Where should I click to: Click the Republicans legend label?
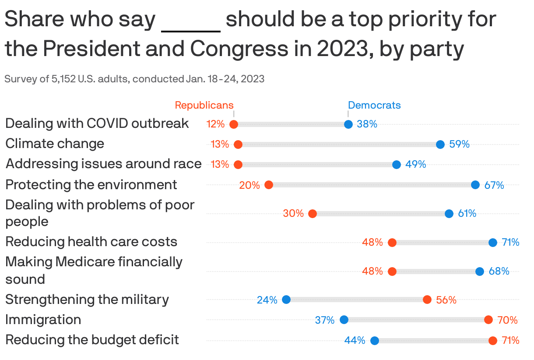pyautogui.click(x=204, y=105)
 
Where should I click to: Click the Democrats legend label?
pyautogui.click(x=374, y=105)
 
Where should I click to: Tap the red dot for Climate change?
pyautogui.click(x=238, y=145)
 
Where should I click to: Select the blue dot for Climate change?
pyautogui.click(x=440, y=145)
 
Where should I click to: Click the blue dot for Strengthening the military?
pyautogui.click(x=286, y=300)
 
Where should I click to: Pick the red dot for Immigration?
pyautogui.click(x=488, y=320)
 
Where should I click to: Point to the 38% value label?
pyautogui.click(x=367, y=124)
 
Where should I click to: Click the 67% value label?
pyautogui.click(x=494, y=185)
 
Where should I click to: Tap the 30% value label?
pyautogui.click(x=293, y=214)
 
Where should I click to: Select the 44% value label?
pyautogui.click(x=355, y=340)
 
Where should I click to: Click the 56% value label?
pyautogui.click(x=446, y=300)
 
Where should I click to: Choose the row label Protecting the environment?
pyautogui.click(x=91, y=185)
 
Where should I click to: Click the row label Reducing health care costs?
pyautogui.click(x=91, y=242)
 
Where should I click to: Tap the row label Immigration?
pyautogui.click(x=43, y=320)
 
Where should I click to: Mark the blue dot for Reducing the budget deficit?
pyautogui.click(x=375, y=340)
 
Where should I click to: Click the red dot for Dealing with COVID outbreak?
pyautogui.click(x=234, y=124)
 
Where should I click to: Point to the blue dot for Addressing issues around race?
pyautogui.click(x=397, y=165)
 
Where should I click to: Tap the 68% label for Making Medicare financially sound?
pyautogui.click(x=499, y=272)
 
